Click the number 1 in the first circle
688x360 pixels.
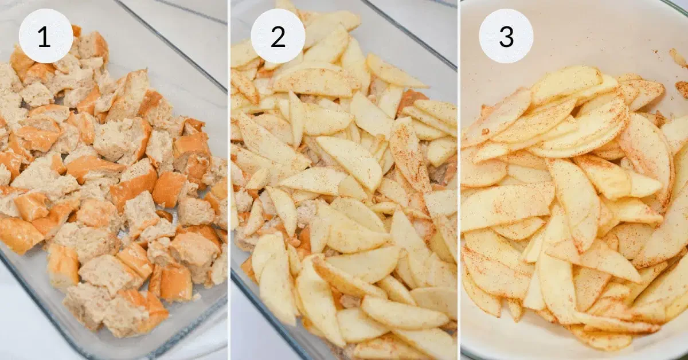44,37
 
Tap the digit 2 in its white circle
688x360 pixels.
278,37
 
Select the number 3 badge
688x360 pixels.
506,36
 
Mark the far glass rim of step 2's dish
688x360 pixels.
408,34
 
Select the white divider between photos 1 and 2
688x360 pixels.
229,180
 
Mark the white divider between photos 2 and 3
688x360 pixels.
459,180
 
